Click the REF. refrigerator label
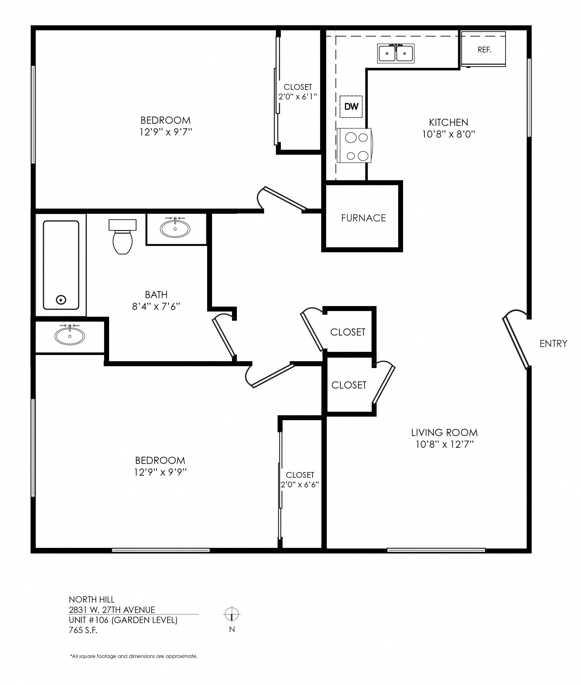484,50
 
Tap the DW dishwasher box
351,106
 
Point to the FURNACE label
363,218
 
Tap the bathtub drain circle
61,300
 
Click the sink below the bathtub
70,336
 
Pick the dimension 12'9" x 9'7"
166,132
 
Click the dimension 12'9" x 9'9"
160,472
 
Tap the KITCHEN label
448,123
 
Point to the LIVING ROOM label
444,433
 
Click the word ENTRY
553,344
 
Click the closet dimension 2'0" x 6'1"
298,97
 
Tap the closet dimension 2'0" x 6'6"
300,485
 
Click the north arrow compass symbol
232,614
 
